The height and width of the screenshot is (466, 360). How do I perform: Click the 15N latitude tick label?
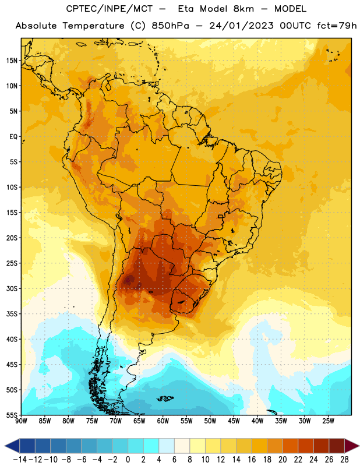click(12, 61)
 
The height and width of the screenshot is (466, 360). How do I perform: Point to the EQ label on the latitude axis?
click(13, 137)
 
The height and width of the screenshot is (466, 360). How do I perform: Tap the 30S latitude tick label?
click(12, 288)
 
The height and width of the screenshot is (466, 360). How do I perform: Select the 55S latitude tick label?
click(12, 415)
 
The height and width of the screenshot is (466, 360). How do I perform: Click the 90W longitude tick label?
click(21, 421)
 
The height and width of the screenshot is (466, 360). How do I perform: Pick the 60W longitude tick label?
click(163, 421)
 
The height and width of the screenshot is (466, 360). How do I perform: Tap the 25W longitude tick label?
click(328, 421)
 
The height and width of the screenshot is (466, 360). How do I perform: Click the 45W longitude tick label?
click(234, 421)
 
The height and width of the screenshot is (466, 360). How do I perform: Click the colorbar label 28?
click(344, 460)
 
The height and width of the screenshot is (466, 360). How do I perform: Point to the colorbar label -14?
click(20, 460)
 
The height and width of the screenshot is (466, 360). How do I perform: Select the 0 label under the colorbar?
click(128, 460)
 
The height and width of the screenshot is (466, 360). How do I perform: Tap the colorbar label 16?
click(252, 460)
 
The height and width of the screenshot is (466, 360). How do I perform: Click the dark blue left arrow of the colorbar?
click(12, 446)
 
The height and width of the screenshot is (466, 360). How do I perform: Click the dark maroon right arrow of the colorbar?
click(352, 446)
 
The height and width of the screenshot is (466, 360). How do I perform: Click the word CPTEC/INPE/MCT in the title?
click(110, 9)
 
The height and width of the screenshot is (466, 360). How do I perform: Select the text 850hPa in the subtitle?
click(170, 26)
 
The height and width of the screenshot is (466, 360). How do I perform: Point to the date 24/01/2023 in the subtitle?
click(241, 26)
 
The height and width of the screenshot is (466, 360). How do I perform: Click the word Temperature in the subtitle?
click(93, 26)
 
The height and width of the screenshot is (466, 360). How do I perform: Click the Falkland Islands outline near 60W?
click(165, 398)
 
